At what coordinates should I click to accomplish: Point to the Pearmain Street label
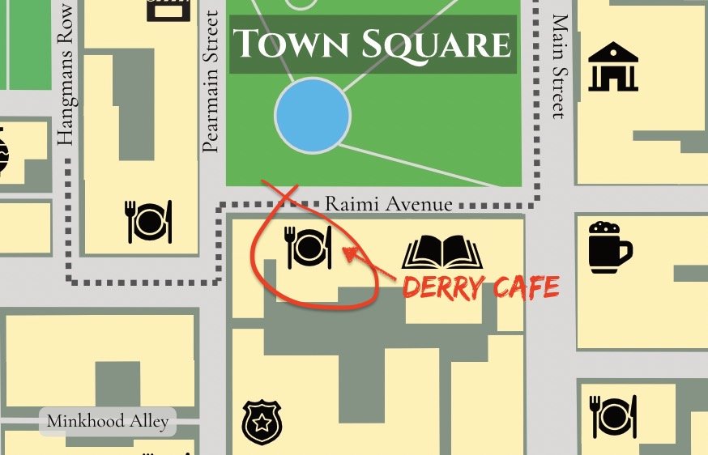211,81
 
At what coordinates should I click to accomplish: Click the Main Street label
558,66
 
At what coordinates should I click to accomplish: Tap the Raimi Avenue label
388,204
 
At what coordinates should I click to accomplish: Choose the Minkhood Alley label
108,421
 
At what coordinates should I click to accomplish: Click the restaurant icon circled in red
309,247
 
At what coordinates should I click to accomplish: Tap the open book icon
442,253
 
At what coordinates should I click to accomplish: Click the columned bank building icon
614,66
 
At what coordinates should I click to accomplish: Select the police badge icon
261,423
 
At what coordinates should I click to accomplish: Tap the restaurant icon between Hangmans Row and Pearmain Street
149,221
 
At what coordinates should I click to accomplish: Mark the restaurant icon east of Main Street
614,415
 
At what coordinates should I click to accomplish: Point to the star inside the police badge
261,423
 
